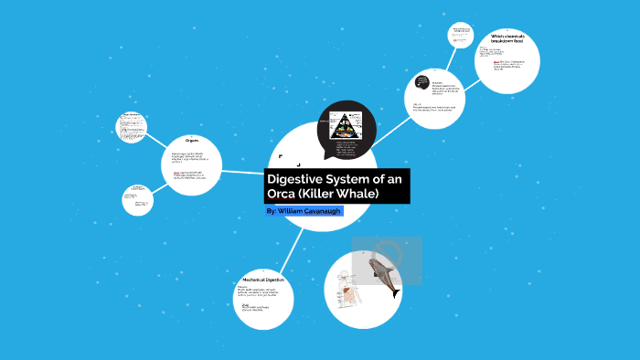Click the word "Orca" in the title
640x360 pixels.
[x=285, y=195]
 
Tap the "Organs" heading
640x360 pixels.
[x=190, y=141]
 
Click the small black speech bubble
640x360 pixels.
[x=421, y=81]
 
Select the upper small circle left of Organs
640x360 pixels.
[x=133, y=126]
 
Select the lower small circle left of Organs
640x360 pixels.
[x=137, y=199]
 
